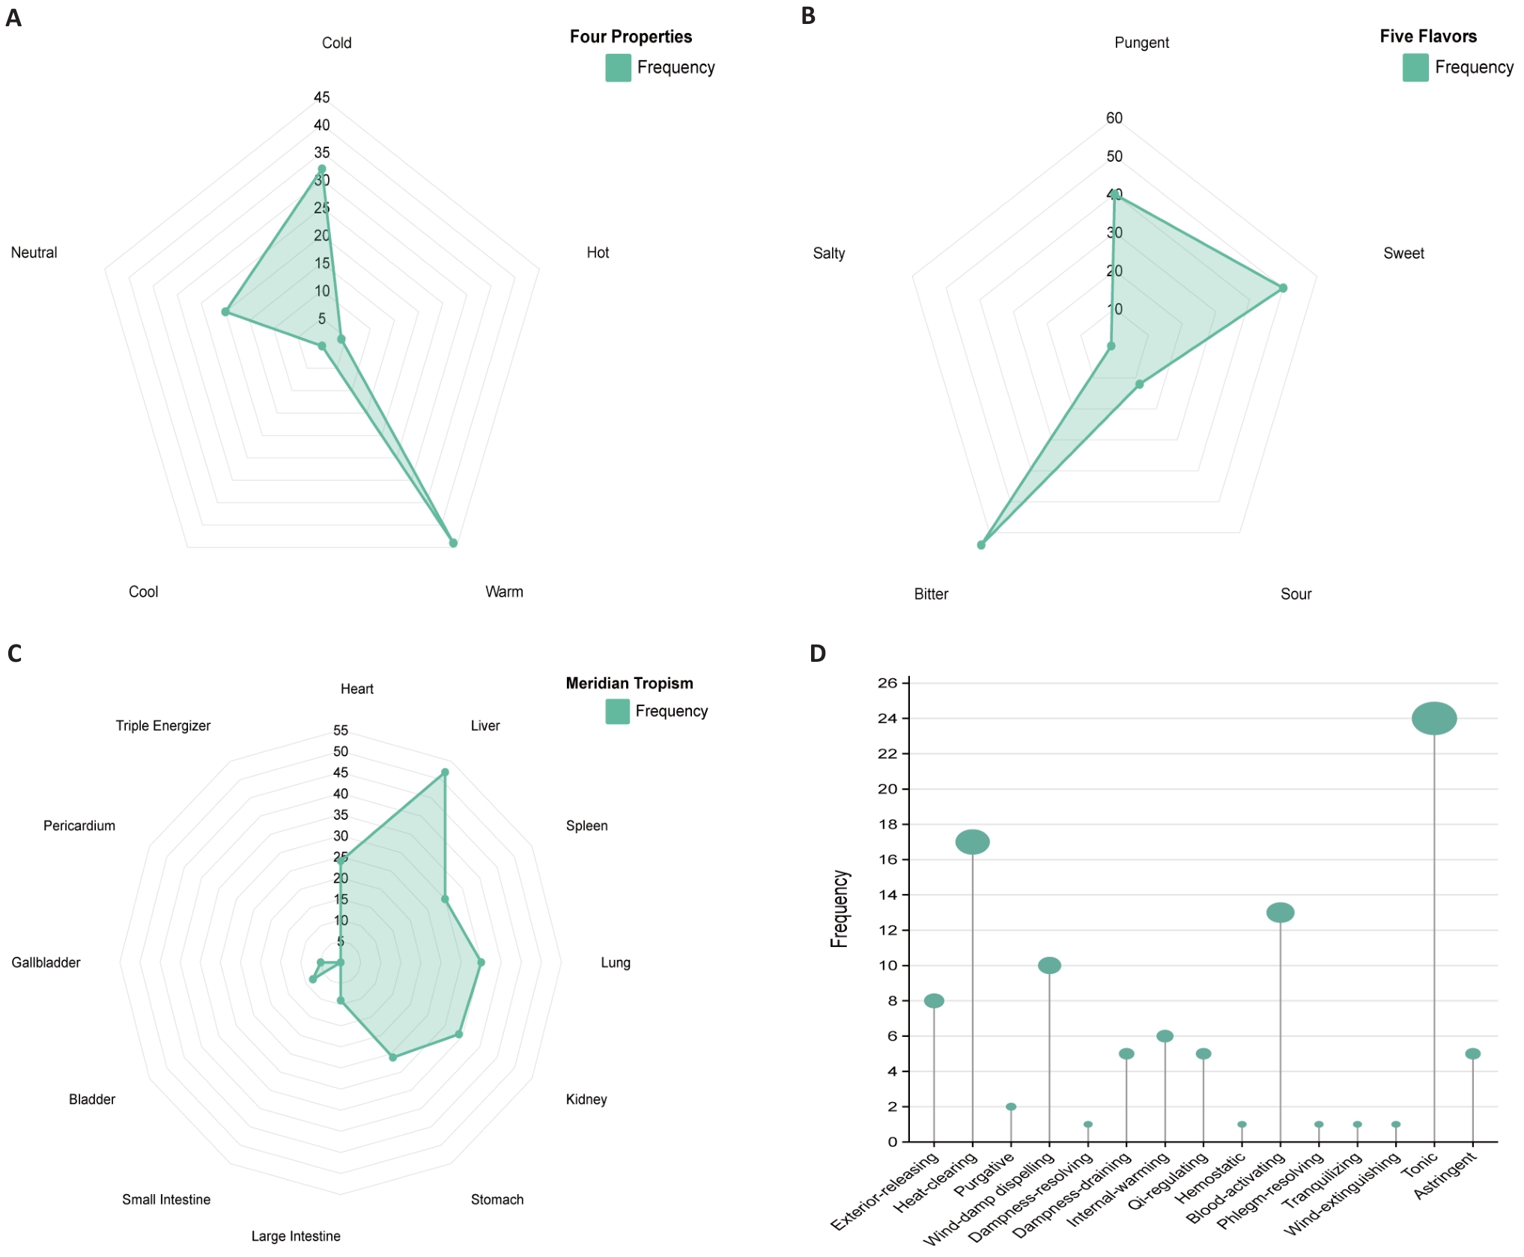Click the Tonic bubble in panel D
click(x=1434, y=718)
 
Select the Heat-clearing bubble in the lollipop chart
click(x=972, y=841)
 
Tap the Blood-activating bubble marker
click(x=1280, y=912)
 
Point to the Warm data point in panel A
click(x=453, y=543)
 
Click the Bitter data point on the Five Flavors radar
click(x=981, y=545)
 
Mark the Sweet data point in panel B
click(x=1283, y=287)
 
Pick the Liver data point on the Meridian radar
click(x=445, y=772)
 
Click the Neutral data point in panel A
click(x=225, y=311)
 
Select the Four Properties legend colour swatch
click(x=618, y=67)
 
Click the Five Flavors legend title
click(x=1428, y=36)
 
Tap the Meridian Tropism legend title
click(x=629, y=683)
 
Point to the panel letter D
click(x=817, y=654)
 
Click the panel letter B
click(x=808, y=16)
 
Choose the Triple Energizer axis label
click(x=163, y=725)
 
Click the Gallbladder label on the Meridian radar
click(x=46, y=962)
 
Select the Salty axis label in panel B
click(x=828, y=253)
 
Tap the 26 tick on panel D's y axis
click(x=887, y=683)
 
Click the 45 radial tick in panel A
click(x=321, y=97)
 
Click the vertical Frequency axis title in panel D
click(x=840, y=909)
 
